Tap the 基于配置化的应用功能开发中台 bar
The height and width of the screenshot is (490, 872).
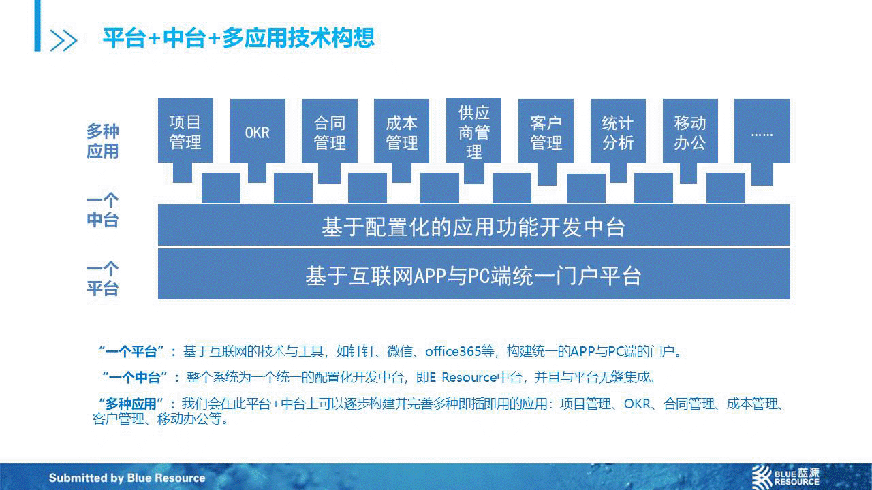pos(473,225)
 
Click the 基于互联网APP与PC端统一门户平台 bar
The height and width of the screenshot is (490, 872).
pos(473,274)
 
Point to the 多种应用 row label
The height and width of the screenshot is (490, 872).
pos(102,141)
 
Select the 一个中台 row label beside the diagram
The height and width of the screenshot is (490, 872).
pos(102,210)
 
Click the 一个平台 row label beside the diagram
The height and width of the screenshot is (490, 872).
pos(102,279)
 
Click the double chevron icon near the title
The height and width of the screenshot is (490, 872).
pos(63,40)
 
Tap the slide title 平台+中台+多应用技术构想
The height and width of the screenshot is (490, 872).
pos(238,37)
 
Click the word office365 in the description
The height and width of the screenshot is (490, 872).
pos(453,352)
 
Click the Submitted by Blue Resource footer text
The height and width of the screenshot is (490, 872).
pos(127,478)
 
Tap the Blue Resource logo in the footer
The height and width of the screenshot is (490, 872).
pos(785,477)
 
